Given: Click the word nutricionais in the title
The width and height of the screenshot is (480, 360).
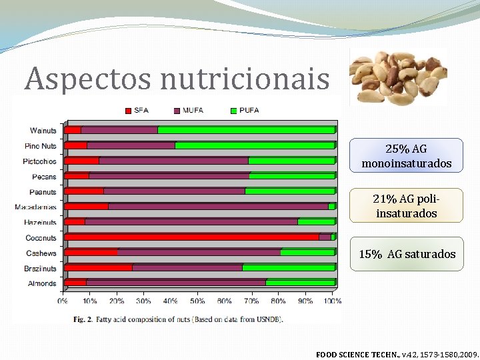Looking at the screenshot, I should tap(245, 79).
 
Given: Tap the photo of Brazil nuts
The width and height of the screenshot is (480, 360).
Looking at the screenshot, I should tap(398, 76).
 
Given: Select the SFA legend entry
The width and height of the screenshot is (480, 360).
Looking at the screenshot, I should tap(136, 110).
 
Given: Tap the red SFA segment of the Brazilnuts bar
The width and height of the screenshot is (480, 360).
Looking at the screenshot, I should tap(98, 267).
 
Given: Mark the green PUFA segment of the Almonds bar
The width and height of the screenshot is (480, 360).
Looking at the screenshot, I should tap(300, 283).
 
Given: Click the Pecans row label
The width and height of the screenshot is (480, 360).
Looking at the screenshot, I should tap(44, 177).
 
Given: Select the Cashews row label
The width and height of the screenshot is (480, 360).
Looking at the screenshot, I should tap(41, 253).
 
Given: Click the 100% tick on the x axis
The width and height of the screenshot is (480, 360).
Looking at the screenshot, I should tap(333, 301).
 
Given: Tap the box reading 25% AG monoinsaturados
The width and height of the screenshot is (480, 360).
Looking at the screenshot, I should tap(406, 156).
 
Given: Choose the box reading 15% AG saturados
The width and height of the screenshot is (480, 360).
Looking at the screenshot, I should tap(407, 254).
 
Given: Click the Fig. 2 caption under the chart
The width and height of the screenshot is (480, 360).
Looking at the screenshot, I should tap(178, 319).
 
